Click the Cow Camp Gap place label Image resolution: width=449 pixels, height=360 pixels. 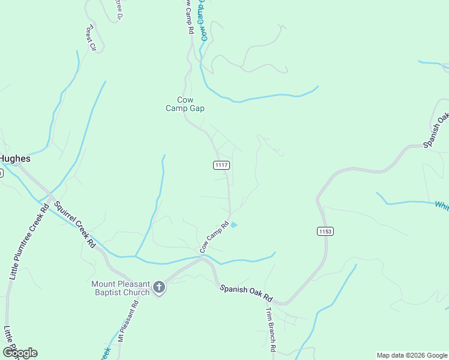click(x=185, y=104)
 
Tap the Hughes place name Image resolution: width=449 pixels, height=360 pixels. click(x=14, y=159)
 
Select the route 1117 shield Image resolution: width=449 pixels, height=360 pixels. click(x=221, y=165)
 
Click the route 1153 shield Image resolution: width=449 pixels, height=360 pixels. click(x=325, y=231)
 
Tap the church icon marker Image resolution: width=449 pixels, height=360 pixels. click(x=159, y=287)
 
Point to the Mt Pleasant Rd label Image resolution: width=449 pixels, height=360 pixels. click(x=128, y=320)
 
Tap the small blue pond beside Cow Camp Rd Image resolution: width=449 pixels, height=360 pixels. click(x=234, y=225)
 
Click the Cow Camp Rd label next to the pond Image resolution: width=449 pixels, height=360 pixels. click(x=214, y=236)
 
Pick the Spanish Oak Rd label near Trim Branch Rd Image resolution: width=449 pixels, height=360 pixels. click(x=246, y=293)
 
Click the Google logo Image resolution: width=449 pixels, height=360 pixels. click(x=19, y=353)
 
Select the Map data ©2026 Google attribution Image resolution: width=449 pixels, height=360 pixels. click(x=412, y=355)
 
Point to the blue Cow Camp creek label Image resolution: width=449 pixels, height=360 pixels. click(x=203, y=20)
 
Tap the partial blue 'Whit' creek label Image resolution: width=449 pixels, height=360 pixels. click(x=442, y=206)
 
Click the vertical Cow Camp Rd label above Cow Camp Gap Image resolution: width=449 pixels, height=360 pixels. click(x=188, y=16)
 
